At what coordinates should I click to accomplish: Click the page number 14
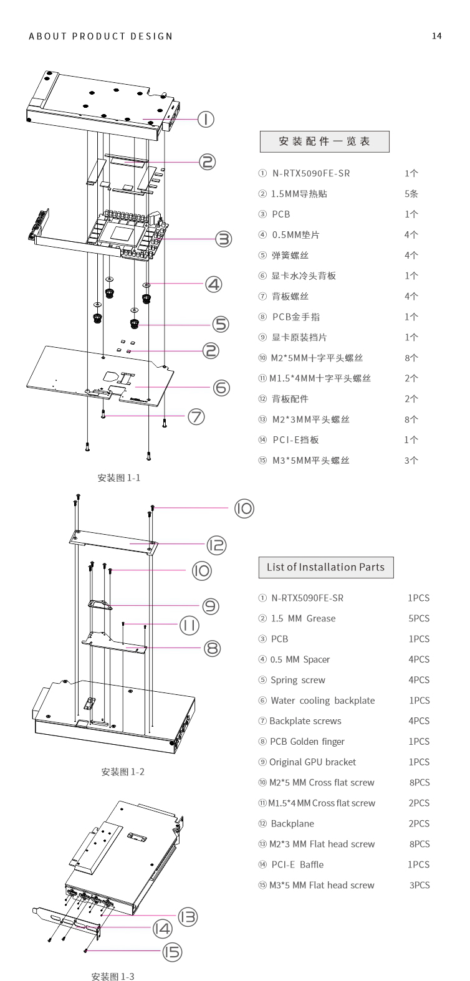coord(436,36)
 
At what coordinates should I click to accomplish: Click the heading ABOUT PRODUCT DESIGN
coord(101,36)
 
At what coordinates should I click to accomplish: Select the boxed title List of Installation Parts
coord(325,567)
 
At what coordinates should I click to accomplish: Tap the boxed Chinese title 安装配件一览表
coord(324,141)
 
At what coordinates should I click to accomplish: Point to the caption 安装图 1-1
coord(119,478)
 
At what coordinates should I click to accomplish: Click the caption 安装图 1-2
coord(123,772)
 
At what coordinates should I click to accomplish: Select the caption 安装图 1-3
coord(113,976)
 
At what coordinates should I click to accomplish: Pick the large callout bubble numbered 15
coord(171,951)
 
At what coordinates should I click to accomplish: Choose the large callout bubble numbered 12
coord(216,545)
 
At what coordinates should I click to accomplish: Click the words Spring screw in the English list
coord(298,680)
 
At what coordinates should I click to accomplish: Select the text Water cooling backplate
coord(323,701)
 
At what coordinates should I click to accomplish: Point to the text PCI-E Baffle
coord(297,864)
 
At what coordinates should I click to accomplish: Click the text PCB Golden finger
coord(307,742)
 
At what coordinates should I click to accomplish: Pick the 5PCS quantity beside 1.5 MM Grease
coord(419,619)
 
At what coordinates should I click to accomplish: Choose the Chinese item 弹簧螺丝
coord(290,256)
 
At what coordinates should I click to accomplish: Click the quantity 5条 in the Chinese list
coord(411,194)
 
